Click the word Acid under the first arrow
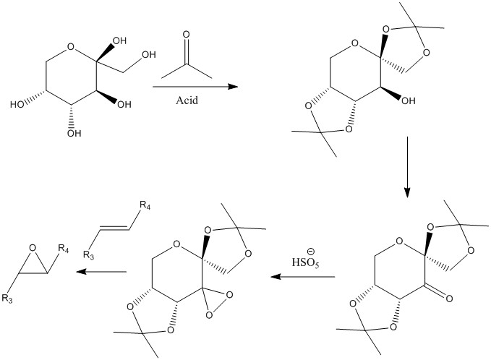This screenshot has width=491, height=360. [187, 100]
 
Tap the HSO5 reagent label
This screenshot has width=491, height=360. [306, 262]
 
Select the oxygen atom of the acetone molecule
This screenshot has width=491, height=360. [186, 34]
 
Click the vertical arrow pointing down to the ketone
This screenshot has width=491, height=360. [407, 167]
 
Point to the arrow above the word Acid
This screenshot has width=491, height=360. [195, 87]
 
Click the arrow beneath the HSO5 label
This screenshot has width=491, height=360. [303, 277]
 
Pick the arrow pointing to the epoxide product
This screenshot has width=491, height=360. [101, 271]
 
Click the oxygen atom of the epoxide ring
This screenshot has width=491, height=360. [33, 248]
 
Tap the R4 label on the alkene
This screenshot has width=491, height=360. [145, 206]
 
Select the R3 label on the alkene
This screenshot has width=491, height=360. [89, 255]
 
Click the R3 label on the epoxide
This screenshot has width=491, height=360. [7, 299]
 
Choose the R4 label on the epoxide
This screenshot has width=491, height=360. [63, 249]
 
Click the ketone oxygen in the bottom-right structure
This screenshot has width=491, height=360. [449, 299]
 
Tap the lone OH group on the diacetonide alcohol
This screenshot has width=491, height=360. [408, 100]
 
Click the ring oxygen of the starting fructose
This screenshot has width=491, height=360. [71, 47]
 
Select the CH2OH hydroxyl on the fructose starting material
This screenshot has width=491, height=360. [149, 54]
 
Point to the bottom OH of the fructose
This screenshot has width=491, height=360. [74, 133]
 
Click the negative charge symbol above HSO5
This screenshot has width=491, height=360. [311, 251]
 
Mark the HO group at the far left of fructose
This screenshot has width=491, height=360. [17, 104]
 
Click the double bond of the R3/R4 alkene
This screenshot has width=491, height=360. [114, 229]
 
